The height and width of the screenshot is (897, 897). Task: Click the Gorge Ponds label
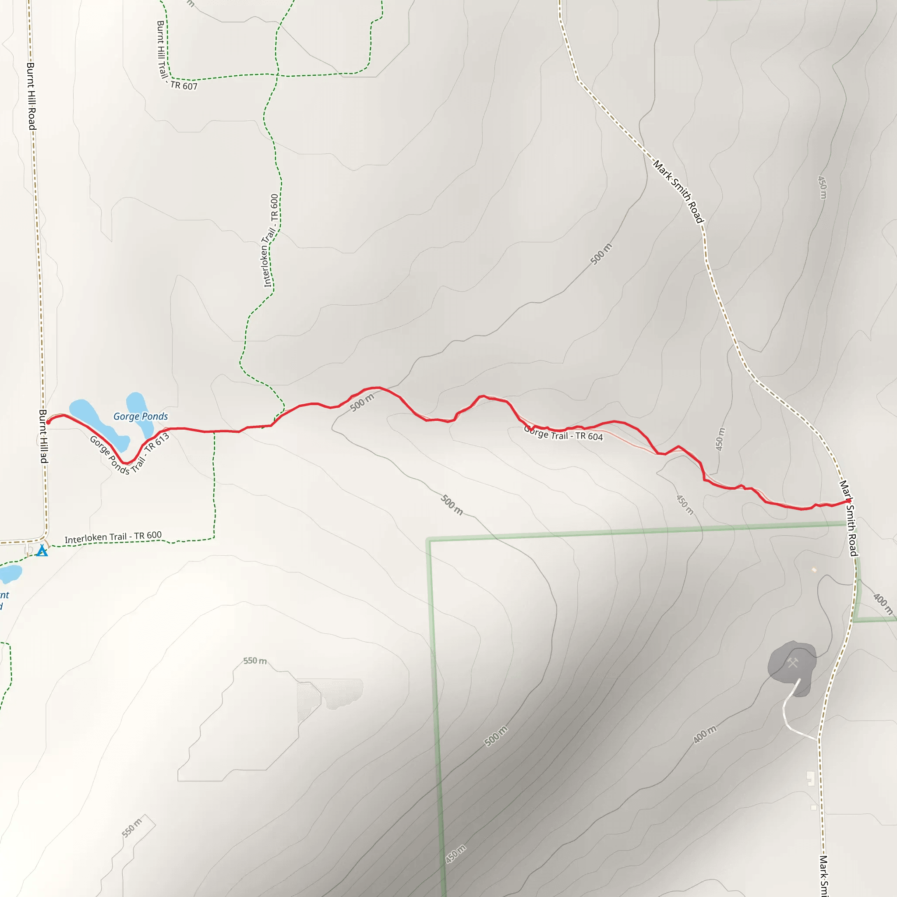coord(141,417)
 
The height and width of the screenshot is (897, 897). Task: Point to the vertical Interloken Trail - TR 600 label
coord(271,240)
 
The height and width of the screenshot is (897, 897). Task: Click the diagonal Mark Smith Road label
coord(679,191)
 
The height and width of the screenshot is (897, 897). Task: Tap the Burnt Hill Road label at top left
coord(31,96)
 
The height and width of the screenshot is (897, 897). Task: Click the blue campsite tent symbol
coord(42,551)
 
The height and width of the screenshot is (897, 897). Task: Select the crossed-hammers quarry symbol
coord(792,663)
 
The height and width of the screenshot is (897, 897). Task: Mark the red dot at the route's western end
coord(48,422)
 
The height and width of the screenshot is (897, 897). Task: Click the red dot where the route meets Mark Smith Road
coord(849,501)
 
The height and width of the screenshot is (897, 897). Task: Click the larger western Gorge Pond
coord(97,423)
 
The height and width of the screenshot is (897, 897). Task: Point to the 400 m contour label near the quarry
coord(705,735)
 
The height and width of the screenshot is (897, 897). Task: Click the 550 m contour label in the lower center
coord(255,660)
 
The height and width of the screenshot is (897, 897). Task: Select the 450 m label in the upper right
coord(822,187)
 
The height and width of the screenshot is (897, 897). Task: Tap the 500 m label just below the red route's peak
coord(362,403)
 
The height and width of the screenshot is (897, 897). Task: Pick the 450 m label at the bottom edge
coord(456,854)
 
